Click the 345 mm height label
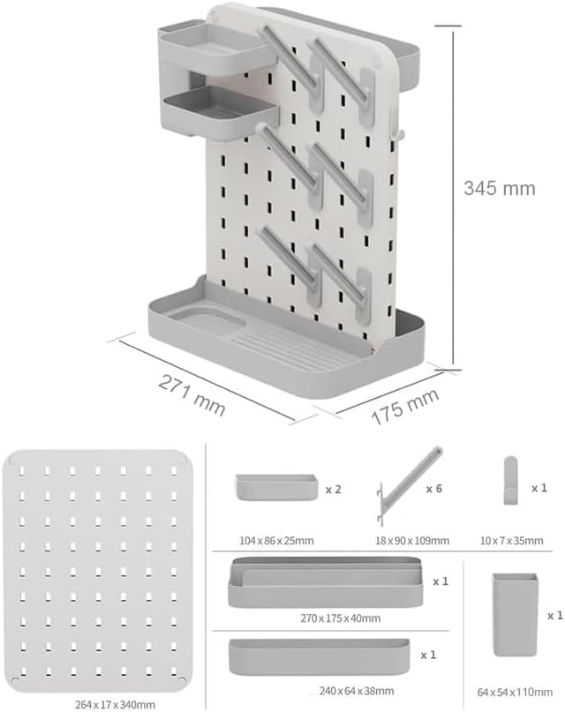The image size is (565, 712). [x=500, y=188]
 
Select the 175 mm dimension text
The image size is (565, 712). [x=405, y=408]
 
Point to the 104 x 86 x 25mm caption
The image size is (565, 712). [x=275, y=541]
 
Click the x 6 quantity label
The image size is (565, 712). [x=433, y=488]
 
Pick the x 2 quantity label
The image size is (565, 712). [x=333, y=488]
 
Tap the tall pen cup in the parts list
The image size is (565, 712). [x=514, y=614]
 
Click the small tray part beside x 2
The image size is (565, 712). [x=275, y=486]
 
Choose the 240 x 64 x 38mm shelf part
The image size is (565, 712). [x=319, y=656]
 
